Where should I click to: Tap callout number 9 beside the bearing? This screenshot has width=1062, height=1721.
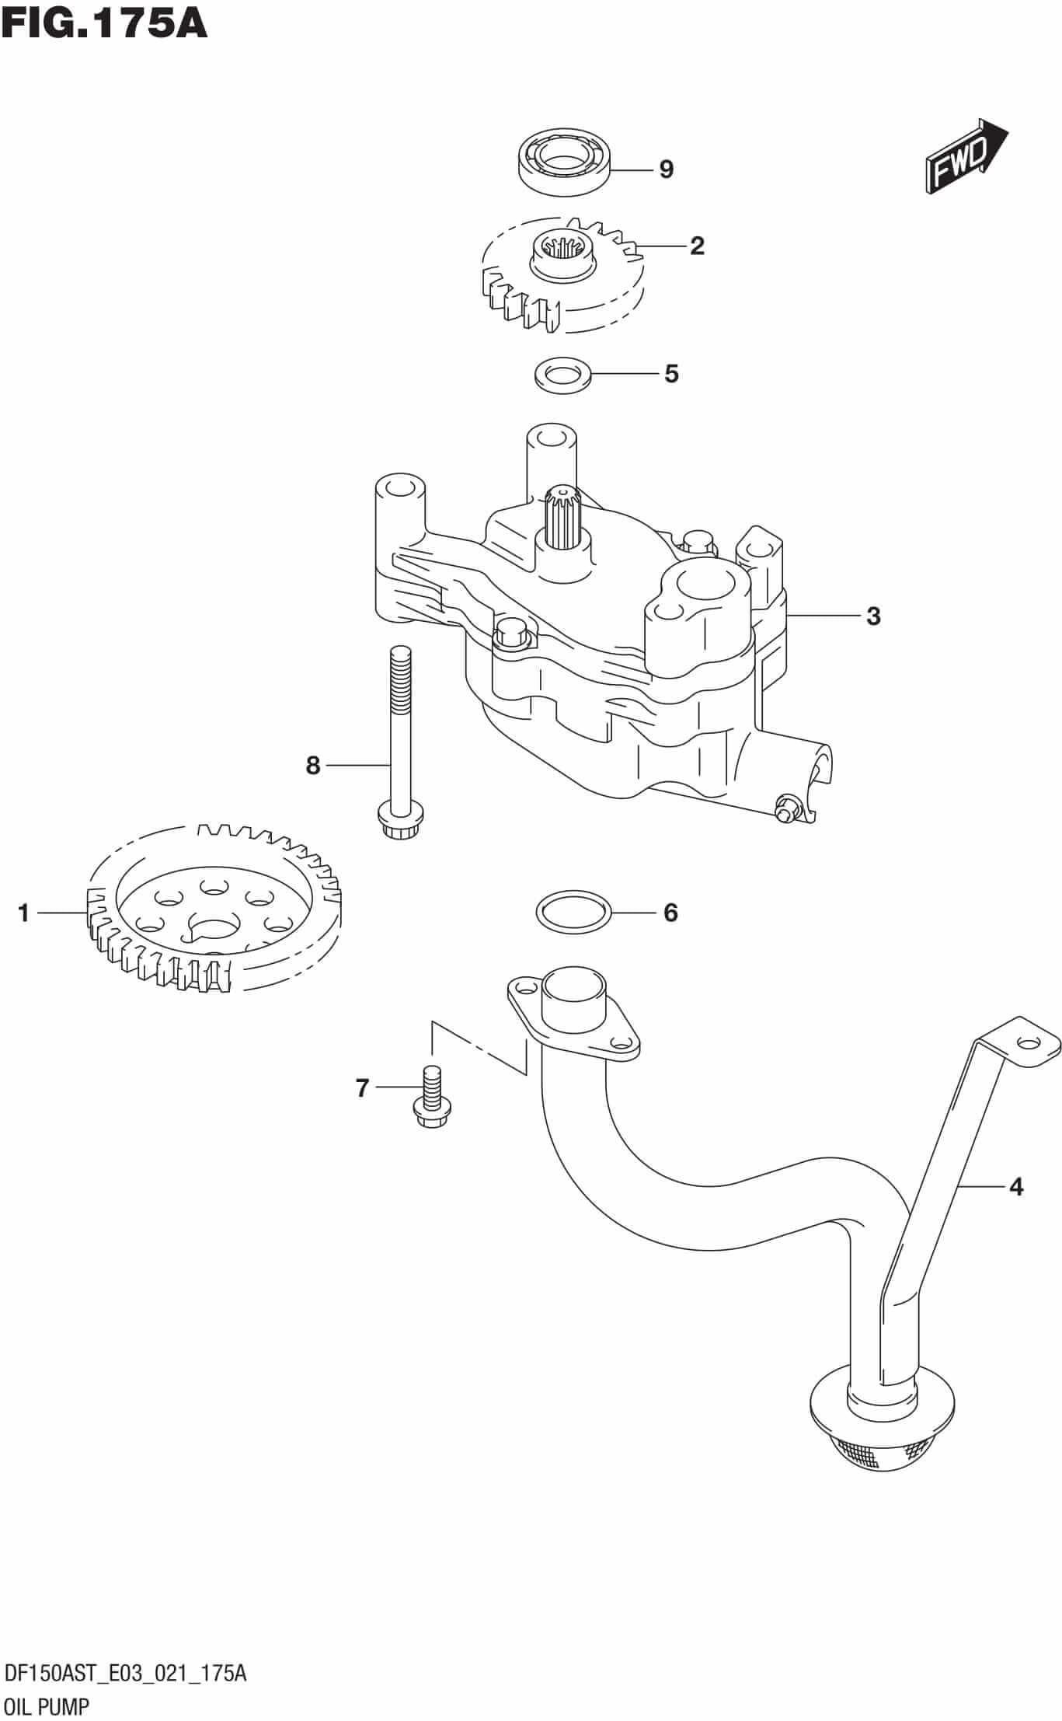[x=666, y=169]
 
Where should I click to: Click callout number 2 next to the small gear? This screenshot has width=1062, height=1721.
[x=697, y=246]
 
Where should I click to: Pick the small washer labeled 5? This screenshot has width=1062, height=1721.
[x=562, y=373]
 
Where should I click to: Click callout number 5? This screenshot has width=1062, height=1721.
[x=671, y=374]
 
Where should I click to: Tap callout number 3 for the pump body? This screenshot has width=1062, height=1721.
[x=873, y=616]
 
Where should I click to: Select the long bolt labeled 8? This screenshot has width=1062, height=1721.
[x=399, y=738]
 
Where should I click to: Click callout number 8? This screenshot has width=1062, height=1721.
[x=313, y=766]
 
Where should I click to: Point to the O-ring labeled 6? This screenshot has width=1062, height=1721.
[x=573, y=912]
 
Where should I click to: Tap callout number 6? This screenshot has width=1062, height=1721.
[x=670, y=912]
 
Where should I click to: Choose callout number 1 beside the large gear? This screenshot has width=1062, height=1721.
[x=23, y=913]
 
